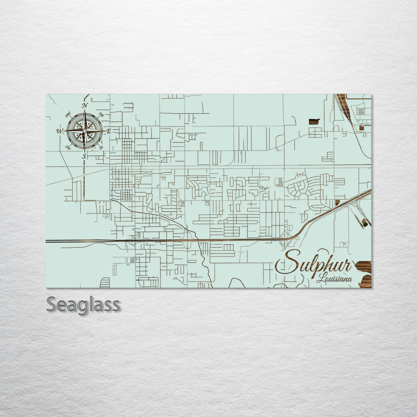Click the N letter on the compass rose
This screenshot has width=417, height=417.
85,105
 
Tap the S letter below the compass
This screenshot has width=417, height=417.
84,156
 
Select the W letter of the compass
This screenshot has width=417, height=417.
59,131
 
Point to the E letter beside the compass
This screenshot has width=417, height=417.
109,131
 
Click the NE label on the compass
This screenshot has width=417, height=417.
101,115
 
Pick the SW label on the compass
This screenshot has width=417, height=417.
68,147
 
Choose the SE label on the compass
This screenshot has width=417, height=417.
101,147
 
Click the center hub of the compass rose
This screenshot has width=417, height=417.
85,131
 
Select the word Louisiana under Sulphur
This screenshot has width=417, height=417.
334,278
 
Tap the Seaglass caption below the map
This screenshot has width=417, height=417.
83,305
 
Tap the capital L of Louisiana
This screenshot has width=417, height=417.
320,278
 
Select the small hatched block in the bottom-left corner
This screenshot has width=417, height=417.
105,283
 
